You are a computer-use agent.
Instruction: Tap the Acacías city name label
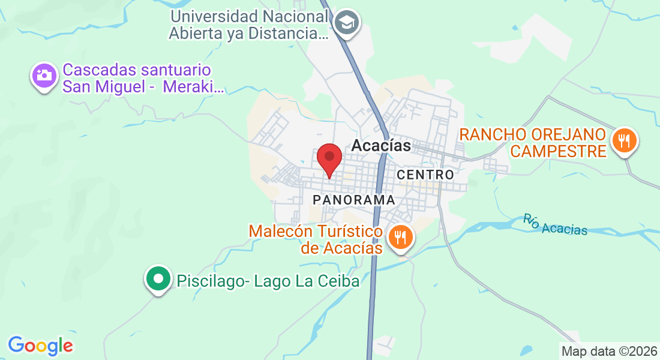pos(381,146)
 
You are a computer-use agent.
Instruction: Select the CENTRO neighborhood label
pos(425,175)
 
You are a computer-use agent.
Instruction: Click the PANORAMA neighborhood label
pos(354,200)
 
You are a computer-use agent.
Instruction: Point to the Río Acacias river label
pos(555,225)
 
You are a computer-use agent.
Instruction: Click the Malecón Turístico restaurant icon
pos(399,236)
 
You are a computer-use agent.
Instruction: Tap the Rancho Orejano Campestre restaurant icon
pos(625,141)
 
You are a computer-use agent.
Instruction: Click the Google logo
pos(40,346)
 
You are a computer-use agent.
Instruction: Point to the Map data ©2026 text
pos(608,351)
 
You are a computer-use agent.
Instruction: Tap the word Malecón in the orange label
pos(281,231)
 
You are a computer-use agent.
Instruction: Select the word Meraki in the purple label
pos(199,87)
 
